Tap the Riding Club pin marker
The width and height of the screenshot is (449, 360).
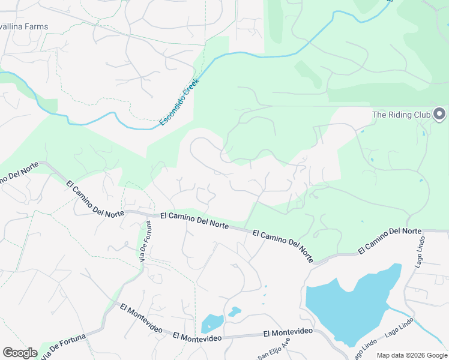pyautogui.click(x=439, y=114)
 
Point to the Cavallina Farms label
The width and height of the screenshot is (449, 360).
pyautogui.click(x=24, y=26)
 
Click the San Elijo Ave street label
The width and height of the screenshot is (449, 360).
pyautogui.click(x=274, y=348)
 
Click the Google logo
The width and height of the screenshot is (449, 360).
pyautogui.click(x=20, y=353)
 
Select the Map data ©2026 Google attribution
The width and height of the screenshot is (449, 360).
pyautogui.click(x=411, y=355)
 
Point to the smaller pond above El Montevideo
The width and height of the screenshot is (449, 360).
pyautogui.click(x=234, y=311)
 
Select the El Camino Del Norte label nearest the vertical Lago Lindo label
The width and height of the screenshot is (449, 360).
pyautogui.click(x=390, y=240)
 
